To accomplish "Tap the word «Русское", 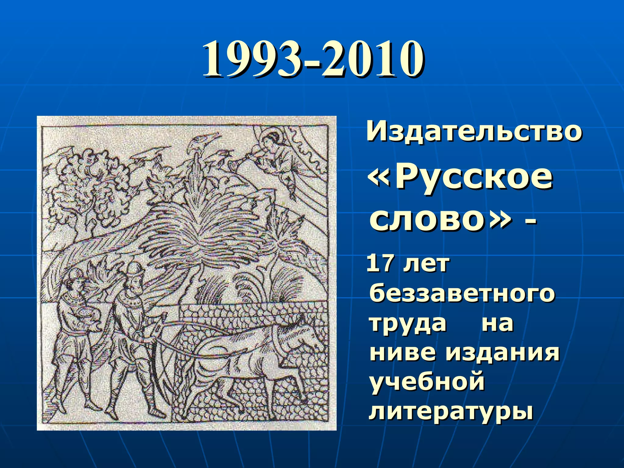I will pos(460,178).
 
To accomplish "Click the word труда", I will pos(408,323).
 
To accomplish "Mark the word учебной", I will pos(427,382).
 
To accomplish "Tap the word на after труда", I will pos(497,323).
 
